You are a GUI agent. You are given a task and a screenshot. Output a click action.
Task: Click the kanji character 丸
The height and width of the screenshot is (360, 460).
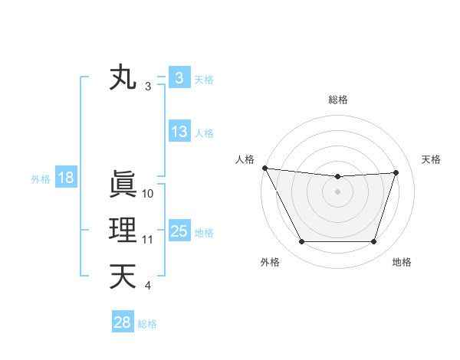point(123,78)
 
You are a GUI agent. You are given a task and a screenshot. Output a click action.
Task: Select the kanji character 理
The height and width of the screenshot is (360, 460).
point(123,231)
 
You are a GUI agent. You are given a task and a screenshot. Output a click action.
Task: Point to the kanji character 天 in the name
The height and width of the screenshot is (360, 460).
point(123,277)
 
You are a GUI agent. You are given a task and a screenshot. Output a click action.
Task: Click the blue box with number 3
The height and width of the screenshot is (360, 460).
point(179,78)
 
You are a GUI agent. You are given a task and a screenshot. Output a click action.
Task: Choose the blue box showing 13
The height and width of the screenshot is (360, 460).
point(179,132)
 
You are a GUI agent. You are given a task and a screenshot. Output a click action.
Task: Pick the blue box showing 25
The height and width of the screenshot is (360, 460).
point(179,231)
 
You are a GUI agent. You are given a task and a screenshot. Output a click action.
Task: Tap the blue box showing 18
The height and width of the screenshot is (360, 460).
point(66,178)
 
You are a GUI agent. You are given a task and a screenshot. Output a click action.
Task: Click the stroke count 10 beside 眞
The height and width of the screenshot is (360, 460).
point(148,194)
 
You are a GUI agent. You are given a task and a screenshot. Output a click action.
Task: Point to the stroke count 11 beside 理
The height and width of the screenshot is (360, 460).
point(148,240)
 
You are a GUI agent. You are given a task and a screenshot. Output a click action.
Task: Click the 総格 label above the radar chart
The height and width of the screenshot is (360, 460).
point(338,100)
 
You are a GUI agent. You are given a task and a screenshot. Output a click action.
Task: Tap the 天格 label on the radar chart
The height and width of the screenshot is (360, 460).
point(432,159)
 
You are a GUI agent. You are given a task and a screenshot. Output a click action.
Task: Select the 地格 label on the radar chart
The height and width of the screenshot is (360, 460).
point(402,262)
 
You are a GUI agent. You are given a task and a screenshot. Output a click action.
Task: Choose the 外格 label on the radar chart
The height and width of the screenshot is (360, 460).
point(270,262)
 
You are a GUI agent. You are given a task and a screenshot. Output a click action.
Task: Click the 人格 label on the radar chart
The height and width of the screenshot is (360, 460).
point(245,159)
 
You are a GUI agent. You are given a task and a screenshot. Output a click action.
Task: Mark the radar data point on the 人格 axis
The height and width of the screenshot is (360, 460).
point(264,168)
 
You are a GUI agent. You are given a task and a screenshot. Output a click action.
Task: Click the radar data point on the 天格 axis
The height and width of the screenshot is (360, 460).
point(396,172)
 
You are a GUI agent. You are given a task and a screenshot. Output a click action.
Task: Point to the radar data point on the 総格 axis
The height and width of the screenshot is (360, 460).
point(337,177)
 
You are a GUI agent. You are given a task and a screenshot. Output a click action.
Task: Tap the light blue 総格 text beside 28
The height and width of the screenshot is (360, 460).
point(147,323)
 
